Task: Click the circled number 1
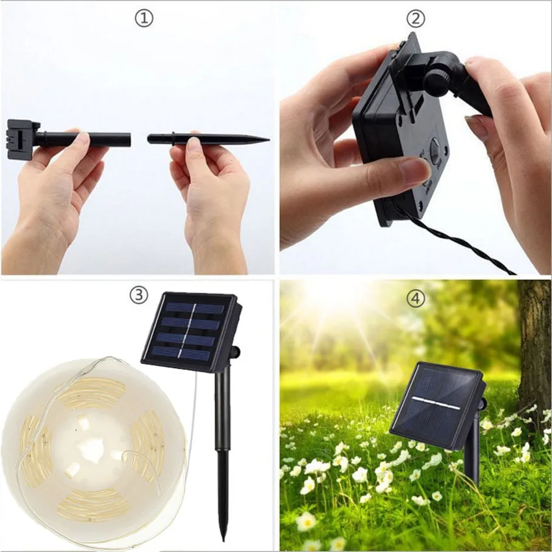pos(144,18)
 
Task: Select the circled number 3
pos(138,295)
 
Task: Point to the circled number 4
pos(415,298)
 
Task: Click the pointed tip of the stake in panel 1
pos(267,139)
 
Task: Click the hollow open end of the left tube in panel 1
pos(129,139)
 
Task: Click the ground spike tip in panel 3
pos(223,538)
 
